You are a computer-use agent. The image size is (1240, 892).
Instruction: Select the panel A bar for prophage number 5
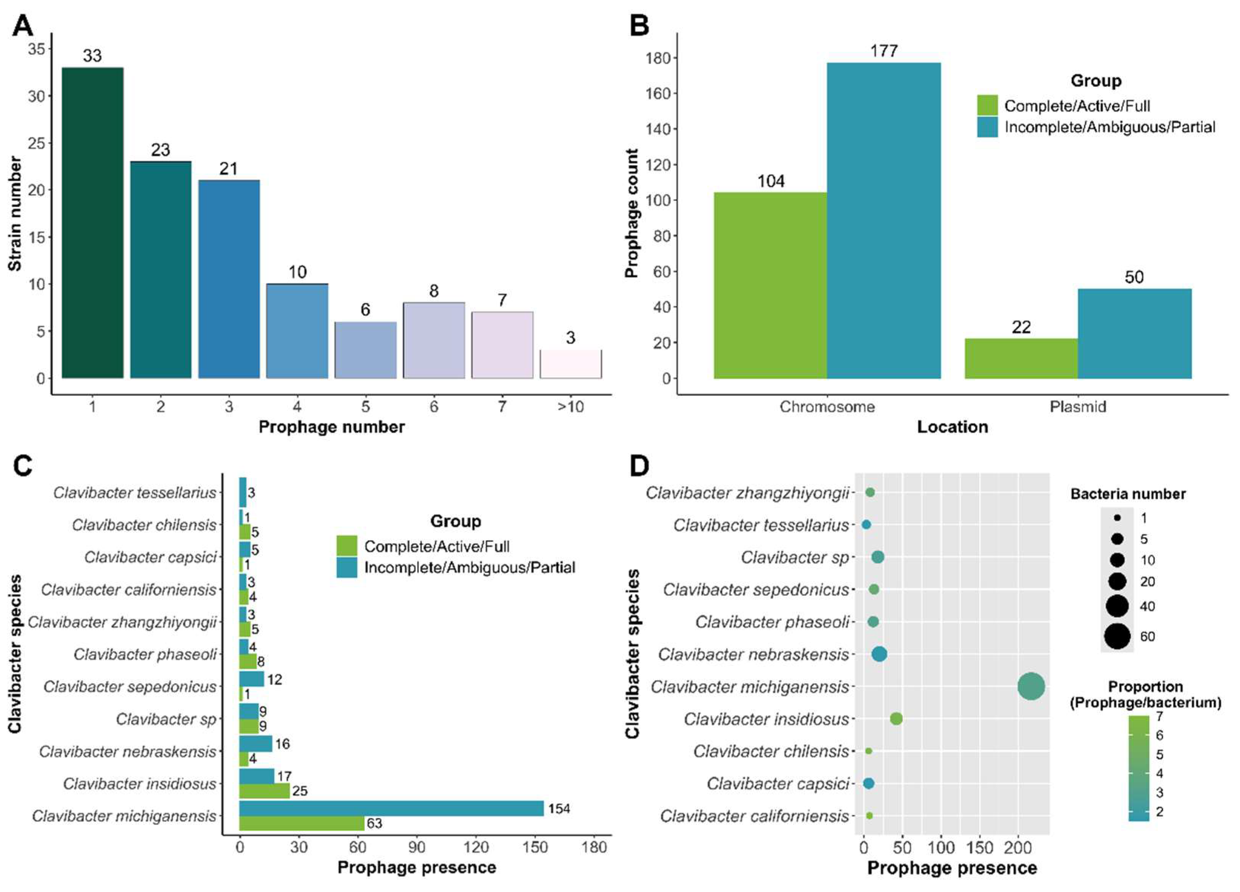tap(365, 350)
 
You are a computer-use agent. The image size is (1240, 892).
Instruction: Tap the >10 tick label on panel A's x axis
tap(570, 407)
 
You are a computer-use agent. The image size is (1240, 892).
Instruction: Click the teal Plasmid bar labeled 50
tap(1135, 334)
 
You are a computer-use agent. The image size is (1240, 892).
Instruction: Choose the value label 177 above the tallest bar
tap(883, 51)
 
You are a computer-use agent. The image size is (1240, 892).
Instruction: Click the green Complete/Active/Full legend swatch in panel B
tap(987, 105)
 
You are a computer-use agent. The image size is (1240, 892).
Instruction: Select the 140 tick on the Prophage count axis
tap(658, 129)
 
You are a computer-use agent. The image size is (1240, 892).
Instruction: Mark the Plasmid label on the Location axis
tap(1078, 407)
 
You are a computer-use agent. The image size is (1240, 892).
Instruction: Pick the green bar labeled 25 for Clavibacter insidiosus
tap(264, 791)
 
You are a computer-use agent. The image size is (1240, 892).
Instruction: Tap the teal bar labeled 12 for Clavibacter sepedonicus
tap(252, 679)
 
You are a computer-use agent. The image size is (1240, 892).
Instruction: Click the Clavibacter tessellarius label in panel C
tap(135, 493)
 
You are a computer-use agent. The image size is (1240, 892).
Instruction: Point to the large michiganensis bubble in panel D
tap(1031, 687)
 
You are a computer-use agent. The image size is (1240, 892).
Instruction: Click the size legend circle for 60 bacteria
tap(1117, 636)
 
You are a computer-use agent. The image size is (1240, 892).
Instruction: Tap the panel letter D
tap(639, 466)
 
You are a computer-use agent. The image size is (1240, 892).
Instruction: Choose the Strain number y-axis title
tap(15, 213)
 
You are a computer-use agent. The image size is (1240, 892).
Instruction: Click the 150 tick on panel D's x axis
tap(979, 848)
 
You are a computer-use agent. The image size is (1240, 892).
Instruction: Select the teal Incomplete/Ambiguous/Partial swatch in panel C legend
tap(347, 567)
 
